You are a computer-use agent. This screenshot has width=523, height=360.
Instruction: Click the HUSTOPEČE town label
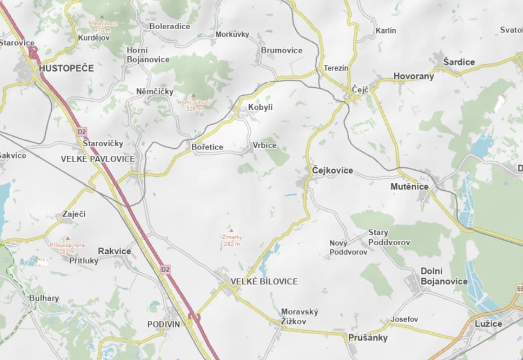coord(67,68)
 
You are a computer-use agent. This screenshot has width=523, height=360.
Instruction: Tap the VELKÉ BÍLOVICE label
coord(264,281)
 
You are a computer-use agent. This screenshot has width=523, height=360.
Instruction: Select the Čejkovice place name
coord(333,171)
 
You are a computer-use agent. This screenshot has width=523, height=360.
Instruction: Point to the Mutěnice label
coord(410,186)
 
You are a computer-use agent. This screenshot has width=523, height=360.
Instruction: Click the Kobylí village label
coord(261,108)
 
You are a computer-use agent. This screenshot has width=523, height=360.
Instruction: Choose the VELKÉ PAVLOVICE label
coord(98,159)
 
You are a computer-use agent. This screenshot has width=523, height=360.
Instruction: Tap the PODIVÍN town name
coord(163,324)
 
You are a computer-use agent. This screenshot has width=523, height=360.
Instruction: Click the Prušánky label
coord(368,338)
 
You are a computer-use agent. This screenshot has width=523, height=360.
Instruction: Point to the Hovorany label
coord(414,76)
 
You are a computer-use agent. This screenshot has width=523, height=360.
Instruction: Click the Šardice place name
coord(459,62)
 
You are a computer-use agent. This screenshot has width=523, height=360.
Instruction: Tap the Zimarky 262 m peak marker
coord(231,230)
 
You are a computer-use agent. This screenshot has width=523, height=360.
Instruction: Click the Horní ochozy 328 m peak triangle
coord(194,96)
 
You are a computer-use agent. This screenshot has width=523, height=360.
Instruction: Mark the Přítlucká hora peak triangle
coord(68,238)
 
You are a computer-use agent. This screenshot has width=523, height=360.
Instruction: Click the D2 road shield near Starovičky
coord(81,132)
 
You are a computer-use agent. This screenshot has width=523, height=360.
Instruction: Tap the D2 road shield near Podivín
coord(166,269)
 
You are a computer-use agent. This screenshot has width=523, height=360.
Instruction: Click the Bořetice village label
coord(207,147)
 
